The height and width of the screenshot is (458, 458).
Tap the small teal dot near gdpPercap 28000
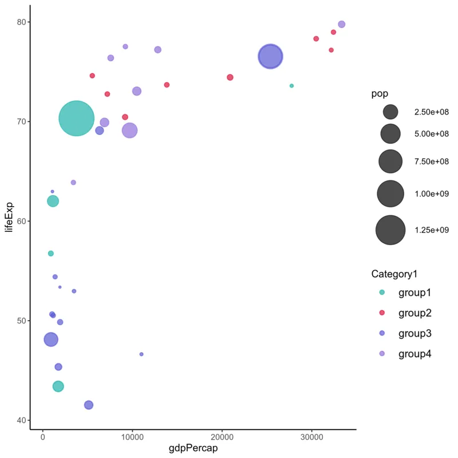pyautogui.click(x=291, y=86)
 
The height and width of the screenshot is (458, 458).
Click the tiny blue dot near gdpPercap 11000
pyautogui.click(x=141, y=354)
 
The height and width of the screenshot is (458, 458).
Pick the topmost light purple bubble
pyautogui.click(x=342, y=24)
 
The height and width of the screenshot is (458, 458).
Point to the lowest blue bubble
pyautogui.click(x=89, y=405)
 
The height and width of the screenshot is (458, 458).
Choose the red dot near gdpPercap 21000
pyautogui.click(x=230, y=77)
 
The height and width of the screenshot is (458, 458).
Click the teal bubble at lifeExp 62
pyautogui.click(x=53, y=201)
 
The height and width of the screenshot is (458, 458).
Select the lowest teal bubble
pyautogui.click(x=58, y=386)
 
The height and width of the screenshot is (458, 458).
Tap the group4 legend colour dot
pyautogui.click(x=382, y=354)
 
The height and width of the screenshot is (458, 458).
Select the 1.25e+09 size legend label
pyautogui.click(x=432, y=230)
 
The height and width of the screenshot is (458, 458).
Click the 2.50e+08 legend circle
pyautogui.click(x=391, y=112)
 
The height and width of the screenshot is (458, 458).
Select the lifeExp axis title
pyautogui.click(x=9, y=220)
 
